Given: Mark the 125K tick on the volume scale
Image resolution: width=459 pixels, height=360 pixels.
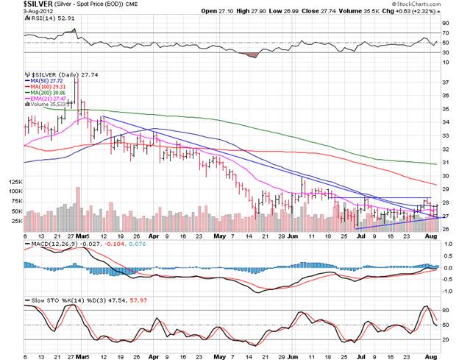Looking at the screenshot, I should [15, 181].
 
